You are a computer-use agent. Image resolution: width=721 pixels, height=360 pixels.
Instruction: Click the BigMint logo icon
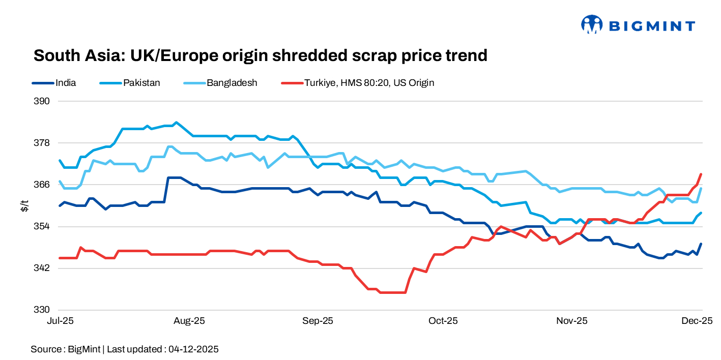592,24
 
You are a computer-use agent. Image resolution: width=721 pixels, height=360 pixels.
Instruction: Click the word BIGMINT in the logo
652,25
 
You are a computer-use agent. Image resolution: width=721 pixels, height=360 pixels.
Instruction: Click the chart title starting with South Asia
260,55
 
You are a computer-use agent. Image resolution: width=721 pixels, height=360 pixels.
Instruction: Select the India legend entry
66,82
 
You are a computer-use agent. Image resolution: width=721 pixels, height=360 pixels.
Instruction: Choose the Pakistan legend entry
141,82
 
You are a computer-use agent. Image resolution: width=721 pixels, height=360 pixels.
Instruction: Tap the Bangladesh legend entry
232,82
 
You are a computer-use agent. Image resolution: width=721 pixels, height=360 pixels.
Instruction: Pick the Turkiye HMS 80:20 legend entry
369,82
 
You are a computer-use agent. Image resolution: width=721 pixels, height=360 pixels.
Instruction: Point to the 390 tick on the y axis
43,101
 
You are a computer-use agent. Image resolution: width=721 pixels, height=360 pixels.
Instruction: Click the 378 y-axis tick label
43,143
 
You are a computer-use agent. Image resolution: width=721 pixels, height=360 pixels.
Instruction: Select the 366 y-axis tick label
43,185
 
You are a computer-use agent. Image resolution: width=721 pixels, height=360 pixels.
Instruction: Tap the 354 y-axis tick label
43,226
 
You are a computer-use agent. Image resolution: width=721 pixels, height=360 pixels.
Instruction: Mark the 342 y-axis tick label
43,268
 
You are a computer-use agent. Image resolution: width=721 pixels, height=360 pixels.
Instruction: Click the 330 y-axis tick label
43,310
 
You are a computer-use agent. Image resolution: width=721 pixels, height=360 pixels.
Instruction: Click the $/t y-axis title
24,205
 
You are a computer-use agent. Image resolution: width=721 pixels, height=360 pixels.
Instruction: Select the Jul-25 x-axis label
60,321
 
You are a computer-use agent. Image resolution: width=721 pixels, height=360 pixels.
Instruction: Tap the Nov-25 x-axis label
572,321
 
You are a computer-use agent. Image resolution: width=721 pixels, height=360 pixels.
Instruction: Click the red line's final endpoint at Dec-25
701,174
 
